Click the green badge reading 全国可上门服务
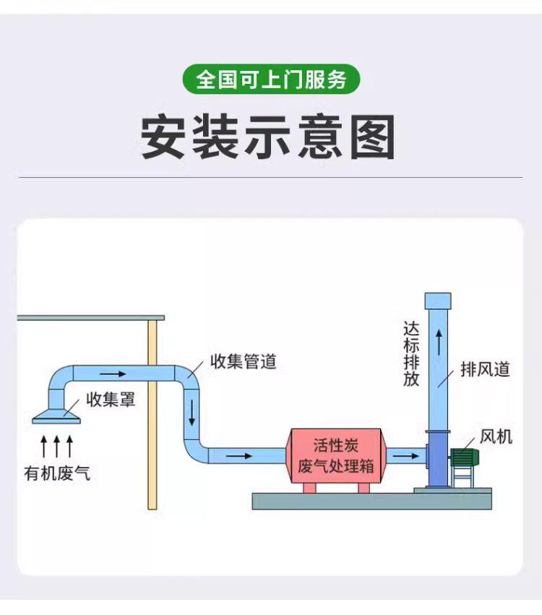[x=271, y=79]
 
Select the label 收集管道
[x=243, y=361]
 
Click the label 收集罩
[x=111, y=399]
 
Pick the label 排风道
[x=486, y=369]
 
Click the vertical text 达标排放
[x=411, y=354]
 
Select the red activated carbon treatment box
[x=335, y=455]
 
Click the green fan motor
[x=466, y=457]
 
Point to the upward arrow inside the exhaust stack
[x=438, y=342]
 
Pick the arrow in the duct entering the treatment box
[x=240, y=456]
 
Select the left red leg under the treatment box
[x=309, y=488]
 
